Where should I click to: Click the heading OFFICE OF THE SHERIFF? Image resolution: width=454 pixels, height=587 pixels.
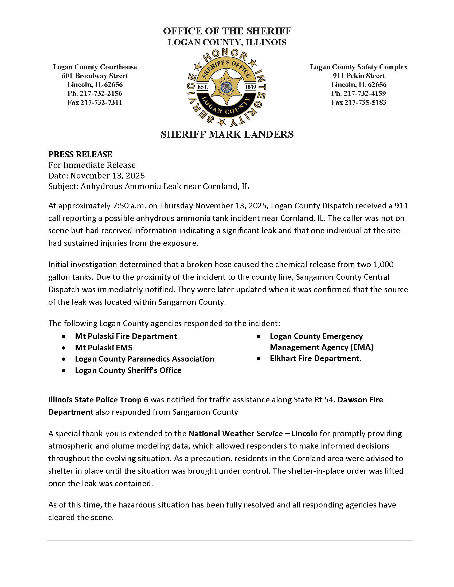(x=227, y=31)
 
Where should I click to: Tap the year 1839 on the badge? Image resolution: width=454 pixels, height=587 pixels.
(x=250, y=87)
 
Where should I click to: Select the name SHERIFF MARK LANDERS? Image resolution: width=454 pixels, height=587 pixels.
(x=227, y=134)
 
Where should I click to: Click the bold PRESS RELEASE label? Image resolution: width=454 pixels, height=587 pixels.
(x=80, y=154)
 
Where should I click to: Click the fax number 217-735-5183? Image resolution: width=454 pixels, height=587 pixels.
(x=358, y=102)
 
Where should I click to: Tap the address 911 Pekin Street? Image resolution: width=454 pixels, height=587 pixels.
(x=358, y=76)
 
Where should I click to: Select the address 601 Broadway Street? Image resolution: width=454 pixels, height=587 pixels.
(x=95, y=76)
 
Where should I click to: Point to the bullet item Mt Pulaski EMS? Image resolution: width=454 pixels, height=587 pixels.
(x=104, y=348)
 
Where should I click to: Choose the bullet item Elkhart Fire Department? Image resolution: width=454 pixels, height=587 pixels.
(x=315, y=359)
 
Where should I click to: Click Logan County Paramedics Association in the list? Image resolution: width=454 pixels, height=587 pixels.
(x=144, y=359)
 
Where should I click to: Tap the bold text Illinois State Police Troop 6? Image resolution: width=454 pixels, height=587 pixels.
(x=98, y=400)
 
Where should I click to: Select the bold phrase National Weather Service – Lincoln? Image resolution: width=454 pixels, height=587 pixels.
(x=253, y=434)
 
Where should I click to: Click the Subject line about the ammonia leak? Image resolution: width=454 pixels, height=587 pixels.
(x=148, y=187)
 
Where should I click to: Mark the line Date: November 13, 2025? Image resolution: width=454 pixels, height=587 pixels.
(x=97, y=176)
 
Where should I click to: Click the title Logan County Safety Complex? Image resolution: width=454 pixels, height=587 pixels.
(x=358, y=67)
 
